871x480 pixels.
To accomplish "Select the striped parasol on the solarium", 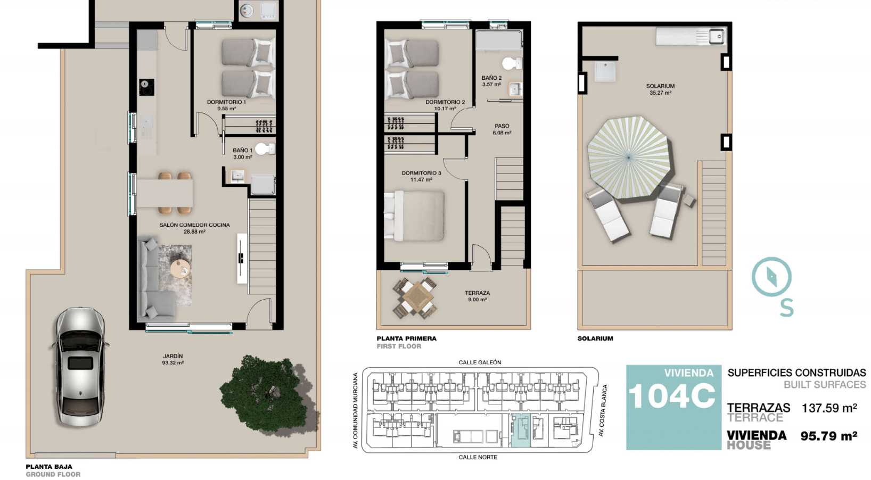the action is pyautogui.click(x=629, y=158).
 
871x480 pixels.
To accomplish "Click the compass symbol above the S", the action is pyautogui.click(x=771, y=277).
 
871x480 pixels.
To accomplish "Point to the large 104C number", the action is pyautogui.click(x=672, y=396).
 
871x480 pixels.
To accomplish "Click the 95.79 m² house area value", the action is pyautogui.click(x=828, y=436).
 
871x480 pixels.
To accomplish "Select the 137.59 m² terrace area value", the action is pyautogui.click(x=829, y=408).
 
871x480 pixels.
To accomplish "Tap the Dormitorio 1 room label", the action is pyautogui.click(x=226, y=102).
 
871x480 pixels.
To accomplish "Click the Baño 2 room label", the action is pyautogui.click(x=491, y=78).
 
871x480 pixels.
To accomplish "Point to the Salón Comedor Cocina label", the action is pyautogui.click(x=194, y=225).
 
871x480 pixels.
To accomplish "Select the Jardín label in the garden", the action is pyautogui.click(x=172, y=355).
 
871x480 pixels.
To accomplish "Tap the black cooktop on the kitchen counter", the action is pyautogui.click(x=146, y=87).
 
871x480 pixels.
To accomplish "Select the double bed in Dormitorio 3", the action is pyautogui.click(x=414, y=216).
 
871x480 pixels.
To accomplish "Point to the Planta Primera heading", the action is pyautogui.click(x=406, y=338).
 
